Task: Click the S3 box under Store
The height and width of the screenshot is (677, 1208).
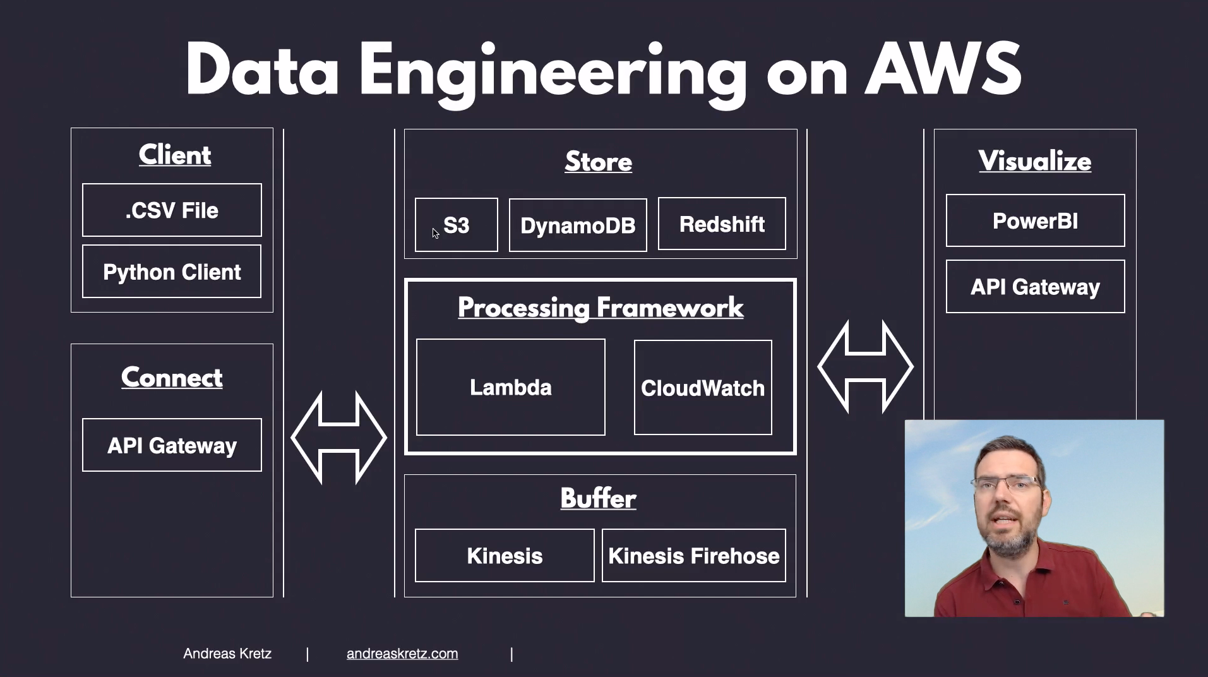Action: pos(456,225)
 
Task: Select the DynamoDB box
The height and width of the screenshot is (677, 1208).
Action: pos(578,225)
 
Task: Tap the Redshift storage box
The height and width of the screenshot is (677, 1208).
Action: pos(722,224)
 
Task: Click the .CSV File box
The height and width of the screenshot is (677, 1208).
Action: pos(172,210)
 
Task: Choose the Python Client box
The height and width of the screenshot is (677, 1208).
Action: pos(172,272)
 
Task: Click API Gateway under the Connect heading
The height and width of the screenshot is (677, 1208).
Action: pos(172,445)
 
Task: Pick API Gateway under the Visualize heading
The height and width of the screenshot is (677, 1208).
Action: pos(1035,287)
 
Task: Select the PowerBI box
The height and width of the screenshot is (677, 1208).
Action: pos(1035,220)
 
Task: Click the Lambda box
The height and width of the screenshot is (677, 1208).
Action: pos(511,387)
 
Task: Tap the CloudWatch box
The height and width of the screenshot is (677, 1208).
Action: pos(703,388)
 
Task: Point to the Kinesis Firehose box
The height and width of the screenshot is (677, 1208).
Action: pos(694,556)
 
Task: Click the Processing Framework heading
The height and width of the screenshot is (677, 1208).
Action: pos(601,308)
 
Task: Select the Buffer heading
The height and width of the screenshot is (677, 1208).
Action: pos(599,498)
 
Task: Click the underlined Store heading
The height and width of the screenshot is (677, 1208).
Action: pos(599,162)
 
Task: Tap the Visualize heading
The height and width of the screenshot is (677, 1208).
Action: pos(1035,161)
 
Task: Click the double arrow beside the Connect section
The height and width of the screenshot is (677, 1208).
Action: pos(338,437)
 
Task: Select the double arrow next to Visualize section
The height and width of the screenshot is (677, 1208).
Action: pos(865,366)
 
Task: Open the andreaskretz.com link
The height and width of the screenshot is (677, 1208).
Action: pos(402,654)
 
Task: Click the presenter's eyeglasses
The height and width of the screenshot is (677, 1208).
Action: pos(1007,484)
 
